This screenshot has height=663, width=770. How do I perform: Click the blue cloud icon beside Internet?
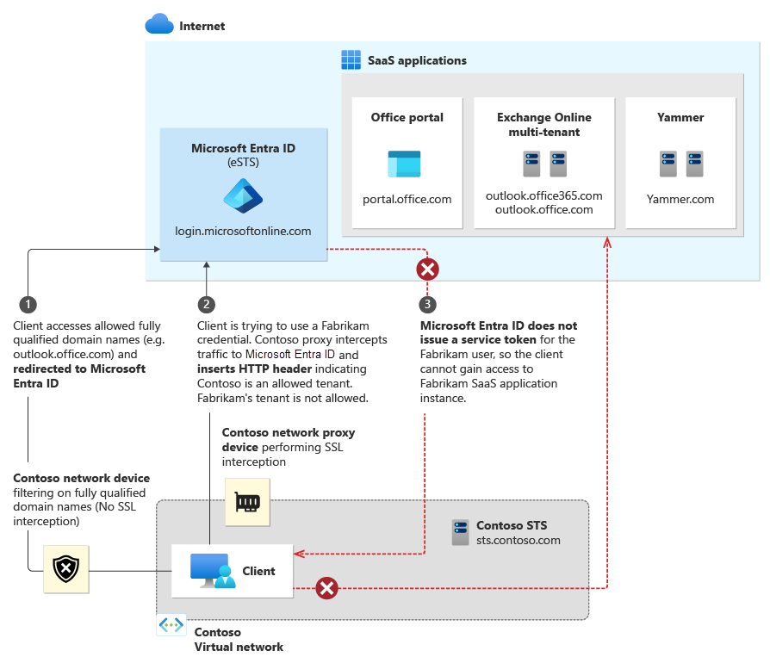[159, 24]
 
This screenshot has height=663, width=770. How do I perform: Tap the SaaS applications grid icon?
[351, 60]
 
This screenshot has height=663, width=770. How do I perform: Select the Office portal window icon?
[404, 164]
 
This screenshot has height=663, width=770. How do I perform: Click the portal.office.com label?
[407, 199]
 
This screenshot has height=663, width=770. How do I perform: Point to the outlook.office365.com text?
[543, 195]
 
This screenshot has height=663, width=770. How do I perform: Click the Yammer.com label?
[680, 199]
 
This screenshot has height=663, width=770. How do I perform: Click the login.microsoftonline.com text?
[243, 231]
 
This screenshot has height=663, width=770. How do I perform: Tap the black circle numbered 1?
[28, 304]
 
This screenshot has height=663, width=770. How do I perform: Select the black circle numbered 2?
[206, 304]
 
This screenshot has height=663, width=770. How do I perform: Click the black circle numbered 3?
[427, 304]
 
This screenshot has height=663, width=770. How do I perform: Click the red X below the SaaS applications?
[427, 270]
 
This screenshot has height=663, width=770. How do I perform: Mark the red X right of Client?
[326, 589]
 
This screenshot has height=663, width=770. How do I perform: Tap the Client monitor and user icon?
[211, 571]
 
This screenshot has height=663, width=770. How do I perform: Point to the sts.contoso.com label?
[518, 541]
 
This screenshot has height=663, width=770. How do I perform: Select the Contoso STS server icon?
[462, 532]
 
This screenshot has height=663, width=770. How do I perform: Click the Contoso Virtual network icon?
[171, 626]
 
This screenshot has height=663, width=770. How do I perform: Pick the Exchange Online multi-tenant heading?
[543, 124]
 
